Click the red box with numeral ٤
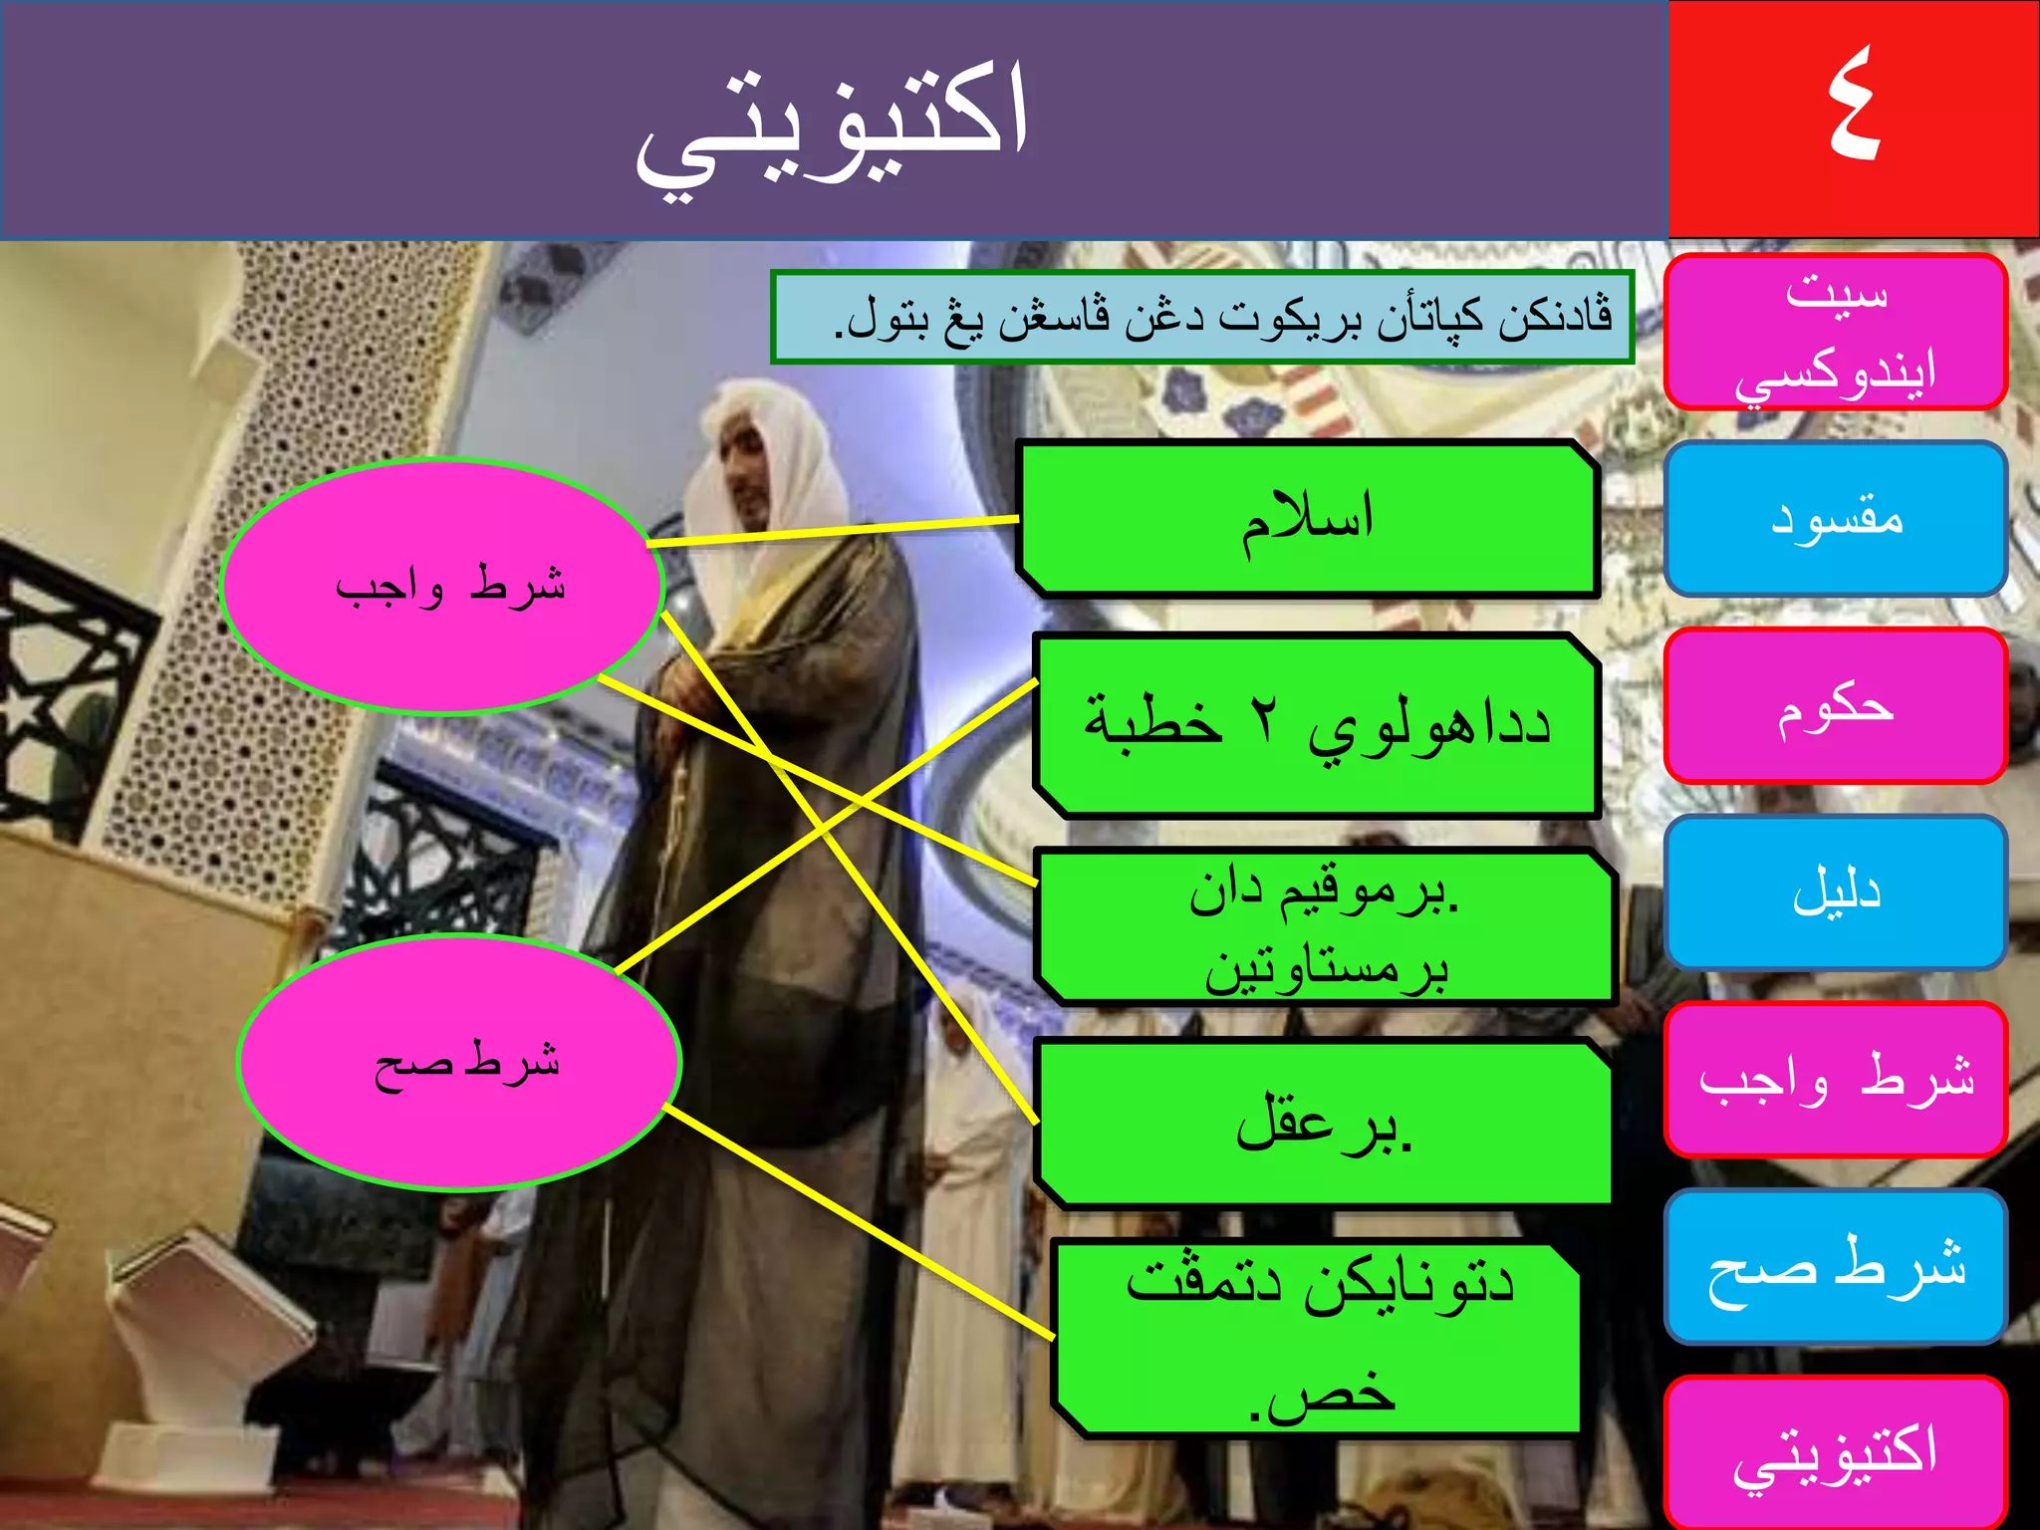coord(1853,118)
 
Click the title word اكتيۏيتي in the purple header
coord(833,124)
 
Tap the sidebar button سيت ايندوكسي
coord(1835,332)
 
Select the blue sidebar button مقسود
coord(1835,519)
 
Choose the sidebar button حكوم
coord(1835,706)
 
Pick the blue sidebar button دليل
coord(1835,892)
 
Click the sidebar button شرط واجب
coord(1835,1080)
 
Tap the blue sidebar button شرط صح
coord(1835,1266)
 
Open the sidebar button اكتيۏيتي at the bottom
coord(1835,1452)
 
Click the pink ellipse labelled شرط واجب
coord(441,586)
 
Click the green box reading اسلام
coord(1307,519)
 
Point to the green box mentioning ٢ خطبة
coord(1317,725)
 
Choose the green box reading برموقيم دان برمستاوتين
coord(1325,927)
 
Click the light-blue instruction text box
coord(1201,317)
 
